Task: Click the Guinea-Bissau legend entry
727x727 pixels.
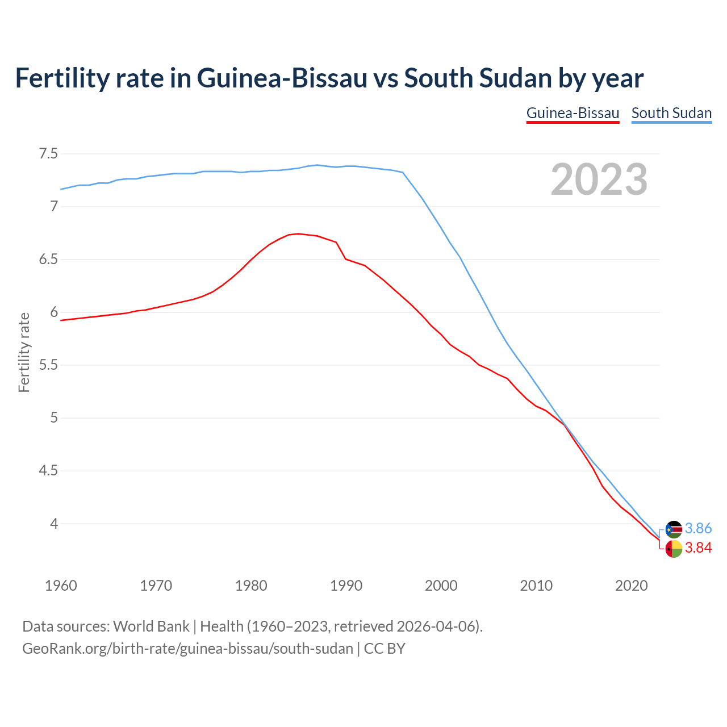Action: tap(573, 113)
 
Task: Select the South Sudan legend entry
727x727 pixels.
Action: tap(671, 113)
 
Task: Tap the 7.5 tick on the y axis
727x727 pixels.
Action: tap(48, 154)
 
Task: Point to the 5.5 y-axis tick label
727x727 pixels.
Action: tap(48, 365)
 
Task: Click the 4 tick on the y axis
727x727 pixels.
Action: tap(54, 524)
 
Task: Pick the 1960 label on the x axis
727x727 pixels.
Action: tap(61, 586)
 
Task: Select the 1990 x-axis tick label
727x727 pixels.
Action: tap(346, 586)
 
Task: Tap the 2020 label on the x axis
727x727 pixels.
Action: tap(631, 586)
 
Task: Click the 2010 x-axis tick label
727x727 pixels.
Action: tap(536, 586)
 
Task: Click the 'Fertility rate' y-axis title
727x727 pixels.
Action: tap(24, 352)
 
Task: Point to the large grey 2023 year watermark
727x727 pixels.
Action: tap(599, 179)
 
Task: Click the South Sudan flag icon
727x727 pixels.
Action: tap(674, 529)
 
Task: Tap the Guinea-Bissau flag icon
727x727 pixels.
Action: tap(674, 549)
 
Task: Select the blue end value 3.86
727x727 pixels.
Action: tap(698, 529)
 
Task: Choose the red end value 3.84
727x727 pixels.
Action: tap(698, 548)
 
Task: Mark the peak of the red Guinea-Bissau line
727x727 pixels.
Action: tap(298, 233)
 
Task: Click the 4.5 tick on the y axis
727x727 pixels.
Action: tap(48, 471)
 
